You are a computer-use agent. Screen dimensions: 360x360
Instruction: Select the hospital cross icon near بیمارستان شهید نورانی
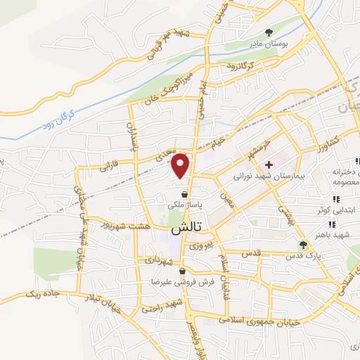268,165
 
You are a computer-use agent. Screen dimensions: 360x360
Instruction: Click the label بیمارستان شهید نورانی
268,176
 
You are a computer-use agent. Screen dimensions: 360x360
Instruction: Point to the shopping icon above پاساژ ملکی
184,194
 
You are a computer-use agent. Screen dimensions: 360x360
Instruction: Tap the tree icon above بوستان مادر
268,32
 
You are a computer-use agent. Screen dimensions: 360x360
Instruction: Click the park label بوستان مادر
268,44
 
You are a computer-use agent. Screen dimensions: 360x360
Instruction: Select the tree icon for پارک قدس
303,245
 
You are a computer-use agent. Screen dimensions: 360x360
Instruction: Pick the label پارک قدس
303,256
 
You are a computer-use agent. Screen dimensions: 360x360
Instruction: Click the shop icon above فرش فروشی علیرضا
182,271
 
